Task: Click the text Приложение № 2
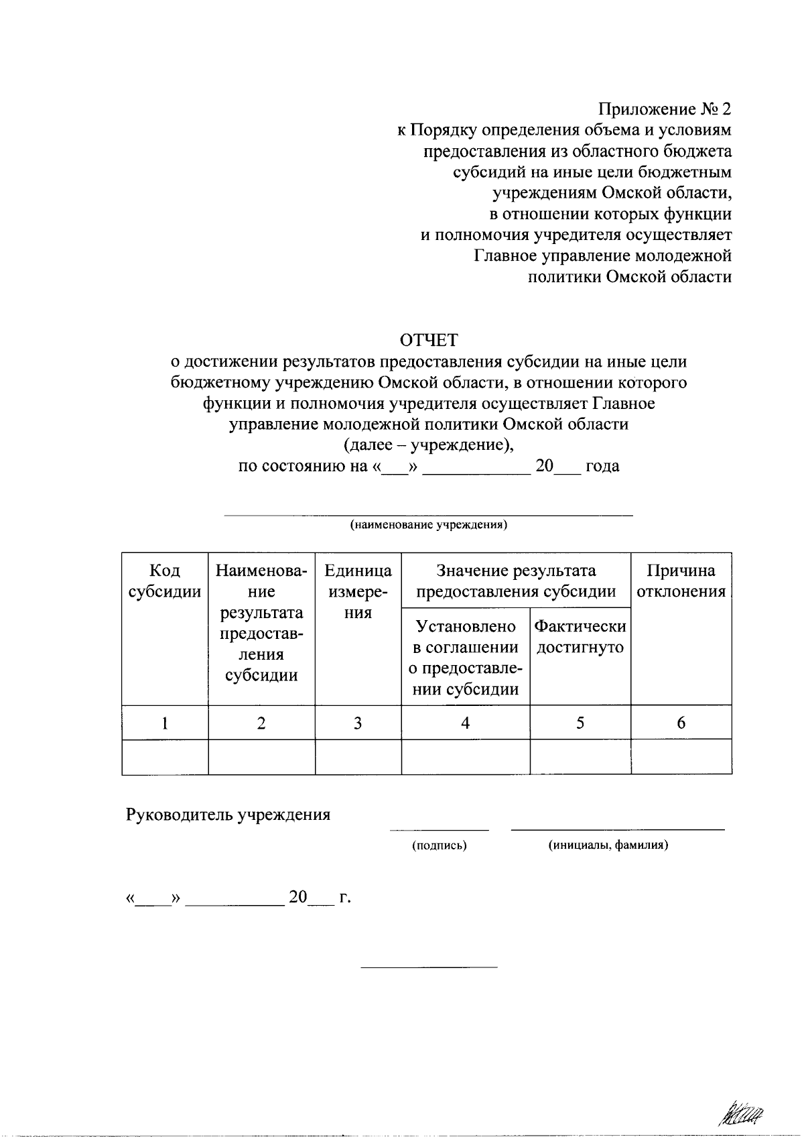665,109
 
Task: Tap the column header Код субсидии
165,581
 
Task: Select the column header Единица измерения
358,592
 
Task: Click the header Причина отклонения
681,581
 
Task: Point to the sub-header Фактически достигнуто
580,637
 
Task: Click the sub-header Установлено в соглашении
466,658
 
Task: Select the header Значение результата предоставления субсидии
516,581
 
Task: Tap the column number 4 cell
465,723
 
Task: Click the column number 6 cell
681,723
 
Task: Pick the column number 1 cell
165,723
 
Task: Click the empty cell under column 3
358,757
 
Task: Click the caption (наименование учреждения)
429,526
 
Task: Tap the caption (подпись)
439,846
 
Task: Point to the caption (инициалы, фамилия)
608,846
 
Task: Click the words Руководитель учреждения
228,815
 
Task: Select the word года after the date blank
602,467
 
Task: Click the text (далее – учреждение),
429,445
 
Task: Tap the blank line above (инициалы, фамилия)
618,830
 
